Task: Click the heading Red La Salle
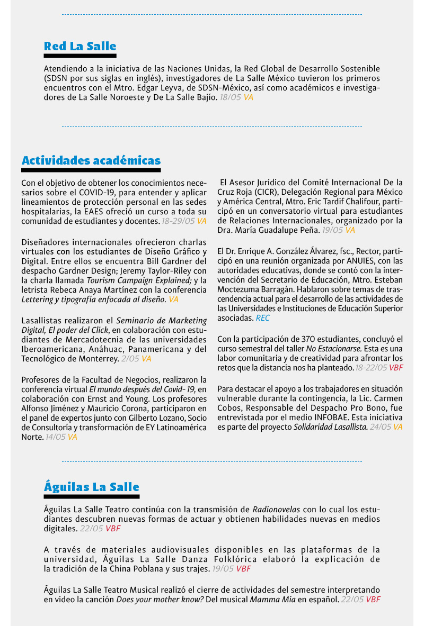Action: [80, 47]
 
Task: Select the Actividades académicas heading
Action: [91, 160]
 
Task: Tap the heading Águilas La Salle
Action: [91, 487]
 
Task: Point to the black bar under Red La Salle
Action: [80, 56]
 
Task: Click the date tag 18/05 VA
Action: [236, 97]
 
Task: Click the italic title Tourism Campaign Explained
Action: [139, 280]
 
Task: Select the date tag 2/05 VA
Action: [136, 359]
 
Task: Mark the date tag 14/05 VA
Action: [61, 437]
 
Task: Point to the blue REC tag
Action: [262, 318]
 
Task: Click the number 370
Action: [310, 339]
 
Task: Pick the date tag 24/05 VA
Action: [386, 427]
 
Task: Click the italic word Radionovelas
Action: [276, 510]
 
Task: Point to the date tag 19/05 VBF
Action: [232, 569]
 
